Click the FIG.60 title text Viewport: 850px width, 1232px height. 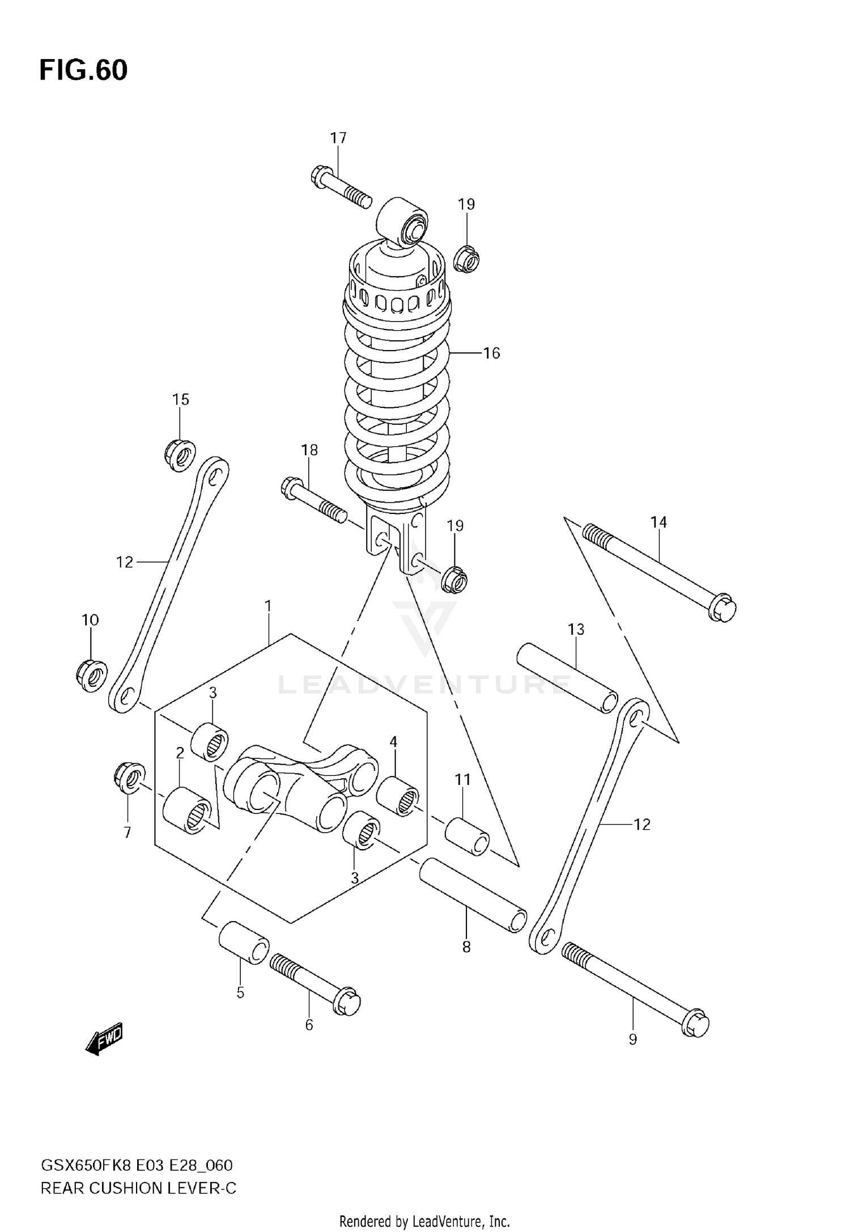pyautogui.click(x=83, y=70)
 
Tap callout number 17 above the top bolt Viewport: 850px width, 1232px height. pyautogui.click(x=338, y=138)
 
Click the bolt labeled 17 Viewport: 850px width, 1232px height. pyautogui.click(x=340, y=187)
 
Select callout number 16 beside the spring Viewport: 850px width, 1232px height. pyautogui.click(x=491, y=353)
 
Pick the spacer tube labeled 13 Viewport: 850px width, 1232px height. pyautogui.click(x=567, y=677)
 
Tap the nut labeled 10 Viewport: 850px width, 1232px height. pyautogui.click(x=91, y=674)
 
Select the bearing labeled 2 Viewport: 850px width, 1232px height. pyautogui.click(x=186, y=810)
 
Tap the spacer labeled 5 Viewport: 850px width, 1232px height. pyautogui.click(x=244, y=942)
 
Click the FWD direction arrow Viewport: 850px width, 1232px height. pyautogui.click(x=105, y=1039)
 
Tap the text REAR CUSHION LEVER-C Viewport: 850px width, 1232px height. pyautogui.click(x=138, y=1188)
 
